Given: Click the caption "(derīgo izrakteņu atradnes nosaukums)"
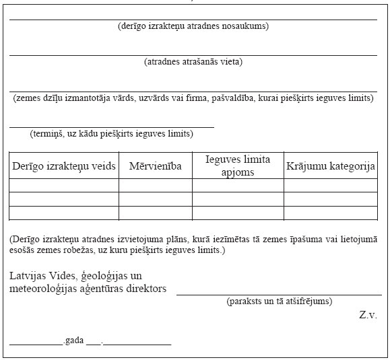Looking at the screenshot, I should click(x=193, y=26).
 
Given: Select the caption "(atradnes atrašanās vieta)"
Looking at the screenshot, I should click(x=193, y=62).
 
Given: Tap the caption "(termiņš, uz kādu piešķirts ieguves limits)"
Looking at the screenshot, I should click(x=111, y=133).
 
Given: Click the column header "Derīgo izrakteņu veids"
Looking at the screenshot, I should click(x=64, y=166).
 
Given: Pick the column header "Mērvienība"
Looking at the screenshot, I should click(x=155, y=166).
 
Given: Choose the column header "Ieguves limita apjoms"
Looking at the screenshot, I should click(x=238, y=165).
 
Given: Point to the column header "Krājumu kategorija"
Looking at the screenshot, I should click(x=330, y=166).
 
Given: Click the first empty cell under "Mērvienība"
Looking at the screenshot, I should click(x=155, y=185).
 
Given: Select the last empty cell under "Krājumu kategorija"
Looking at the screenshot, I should click(x=330, y=213).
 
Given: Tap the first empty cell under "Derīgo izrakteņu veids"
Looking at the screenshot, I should click(x=64, y=185).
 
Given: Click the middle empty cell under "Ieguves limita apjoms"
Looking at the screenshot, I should click(x=238, y=199).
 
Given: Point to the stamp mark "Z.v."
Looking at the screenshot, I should click(x=368, y=315).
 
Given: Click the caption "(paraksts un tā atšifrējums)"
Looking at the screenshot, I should click(x=279, y=301).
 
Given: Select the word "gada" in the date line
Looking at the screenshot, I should click(x=73, y=340).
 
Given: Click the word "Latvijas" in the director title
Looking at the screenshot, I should click(x=31, y=276).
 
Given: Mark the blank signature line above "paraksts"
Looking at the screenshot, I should click(x=276, y=294).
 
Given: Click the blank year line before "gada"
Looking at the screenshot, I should click(x=35, y=343).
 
